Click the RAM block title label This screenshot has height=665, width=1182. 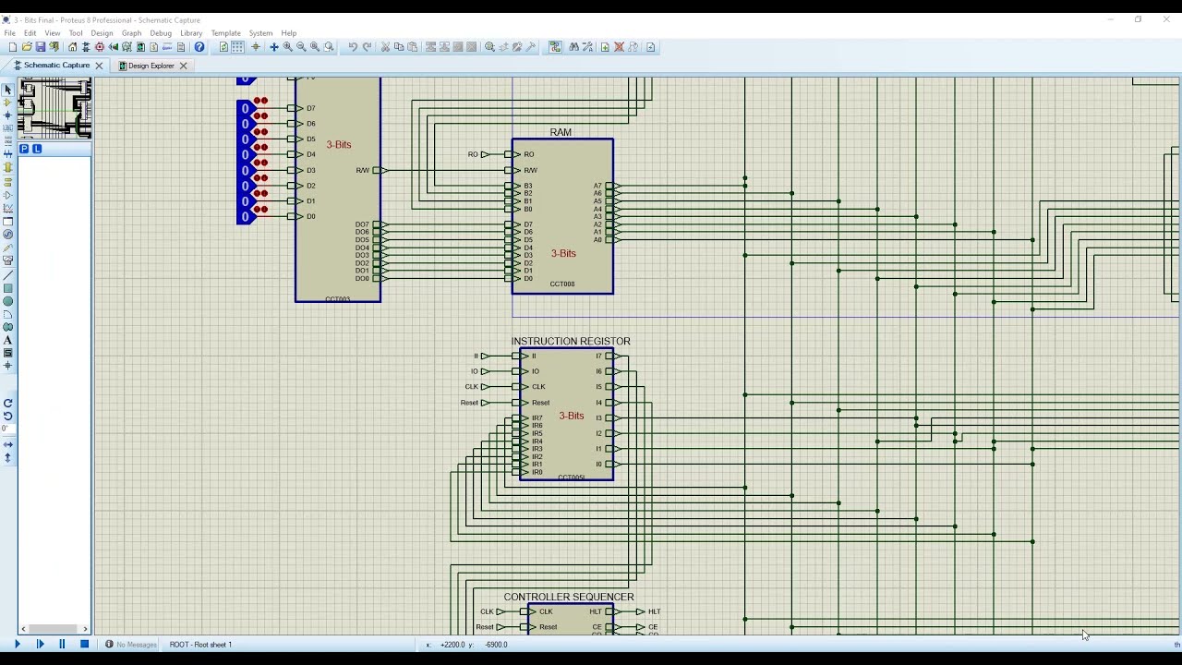(561, 132)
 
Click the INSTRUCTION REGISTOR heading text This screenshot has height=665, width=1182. (571, 341)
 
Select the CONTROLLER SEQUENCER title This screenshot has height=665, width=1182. (568, 597)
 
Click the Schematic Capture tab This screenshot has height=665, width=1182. (55, 66)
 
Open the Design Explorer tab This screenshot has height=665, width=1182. (151, 66)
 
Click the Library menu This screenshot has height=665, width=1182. (191, 33)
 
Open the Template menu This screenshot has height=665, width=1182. (225, 33)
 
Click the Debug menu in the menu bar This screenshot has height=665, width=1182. (161, 33)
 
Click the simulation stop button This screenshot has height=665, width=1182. (84, 644)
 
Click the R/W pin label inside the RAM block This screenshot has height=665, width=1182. (531, 170)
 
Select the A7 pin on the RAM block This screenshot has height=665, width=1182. (597, 186)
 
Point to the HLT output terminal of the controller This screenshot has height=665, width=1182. (652, 611)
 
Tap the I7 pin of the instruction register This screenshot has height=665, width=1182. (598, 356)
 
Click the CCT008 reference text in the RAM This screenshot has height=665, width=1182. (561, 284)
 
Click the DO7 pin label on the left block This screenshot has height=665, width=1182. (362, 224)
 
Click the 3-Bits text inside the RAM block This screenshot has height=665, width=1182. (563, 253)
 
